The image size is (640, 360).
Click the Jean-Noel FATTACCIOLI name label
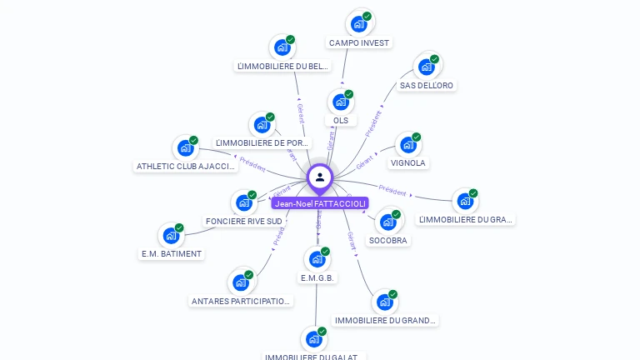320,203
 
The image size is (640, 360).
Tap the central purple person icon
320,177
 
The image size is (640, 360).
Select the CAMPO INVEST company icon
358,24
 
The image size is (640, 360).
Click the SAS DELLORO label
427,86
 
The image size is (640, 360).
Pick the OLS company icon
340,102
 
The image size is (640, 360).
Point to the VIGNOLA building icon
407,145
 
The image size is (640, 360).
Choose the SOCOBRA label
388,241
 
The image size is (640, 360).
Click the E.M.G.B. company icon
317,259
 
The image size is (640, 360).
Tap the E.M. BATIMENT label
172,253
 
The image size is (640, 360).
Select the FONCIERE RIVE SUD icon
243,202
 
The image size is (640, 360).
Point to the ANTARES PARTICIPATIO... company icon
241,282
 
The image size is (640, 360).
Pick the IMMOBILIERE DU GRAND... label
385,320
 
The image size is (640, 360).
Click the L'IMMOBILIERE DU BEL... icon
282,47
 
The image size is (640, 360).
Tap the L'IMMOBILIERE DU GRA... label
466,220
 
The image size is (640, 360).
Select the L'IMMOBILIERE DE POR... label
263,143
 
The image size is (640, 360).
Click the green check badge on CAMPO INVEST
367,16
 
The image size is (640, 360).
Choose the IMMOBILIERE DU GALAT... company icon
313,339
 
